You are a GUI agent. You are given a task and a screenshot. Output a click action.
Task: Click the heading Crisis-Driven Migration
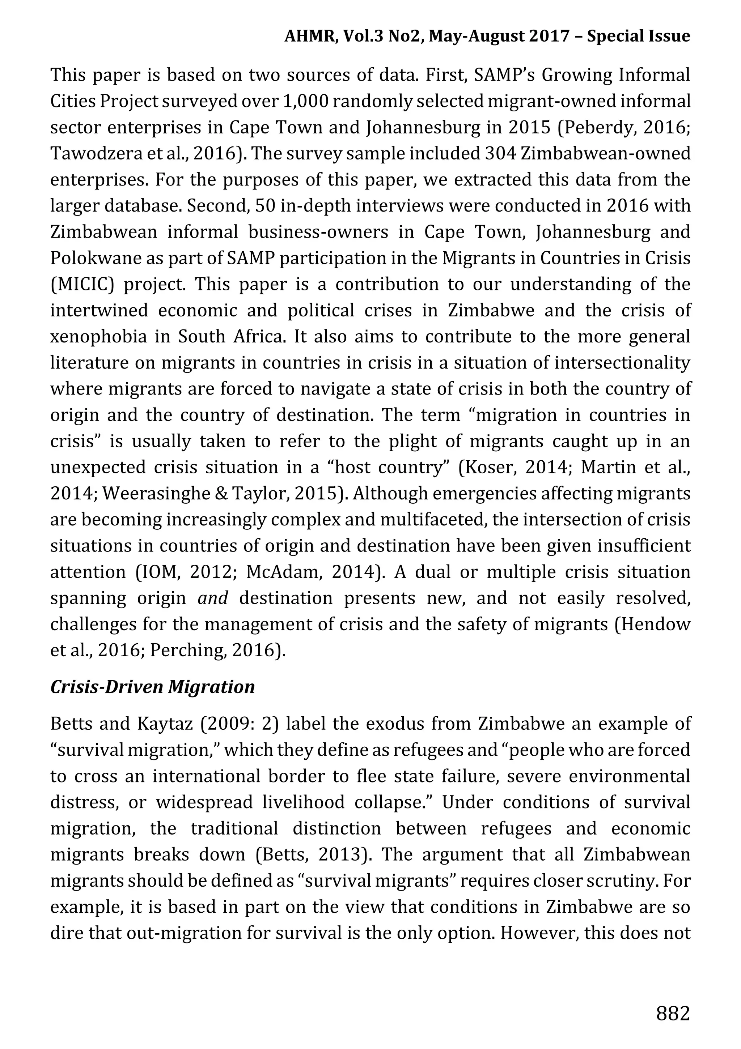pos(152,687)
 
